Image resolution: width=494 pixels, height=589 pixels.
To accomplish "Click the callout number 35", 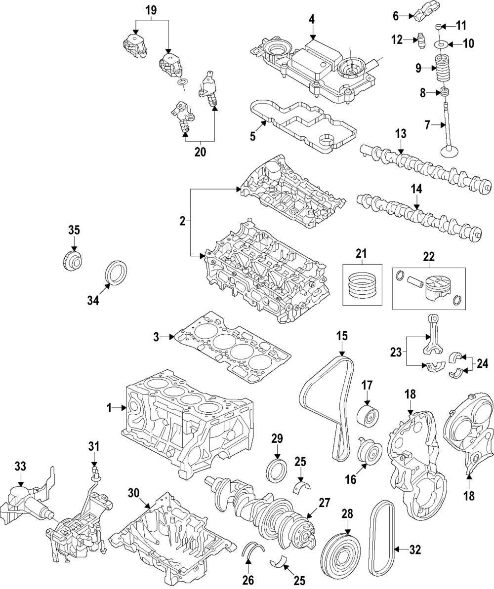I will pyautogui.click(x=74, y=231).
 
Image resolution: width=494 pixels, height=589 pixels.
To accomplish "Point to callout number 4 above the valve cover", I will pyautogui.click(x=312, y=19).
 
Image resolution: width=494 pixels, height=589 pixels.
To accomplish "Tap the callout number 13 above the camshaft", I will pyautogui.click(x=401, y=133).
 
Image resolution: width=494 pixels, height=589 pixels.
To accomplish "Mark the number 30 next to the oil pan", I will pyautogui.click(x=134, y=492).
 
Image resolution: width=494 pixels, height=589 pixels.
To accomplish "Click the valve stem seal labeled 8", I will pyautogui.click(x=445, y=92).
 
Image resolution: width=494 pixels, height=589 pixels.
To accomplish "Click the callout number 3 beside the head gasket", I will pyautogui.click(x=156, y=338).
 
